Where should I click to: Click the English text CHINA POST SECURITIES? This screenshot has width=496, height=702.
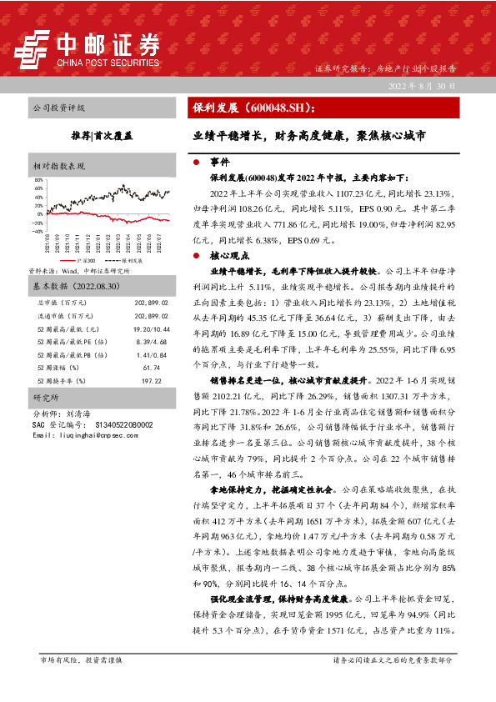(108, 62)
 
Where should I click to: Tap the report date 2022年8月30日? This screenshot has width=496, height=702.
(422, 86)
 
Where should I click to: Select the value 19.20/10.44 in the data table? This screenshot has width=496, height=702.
(151, 308)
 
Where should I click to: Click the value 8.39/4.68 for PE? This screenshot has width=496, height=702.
(153, 319)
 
